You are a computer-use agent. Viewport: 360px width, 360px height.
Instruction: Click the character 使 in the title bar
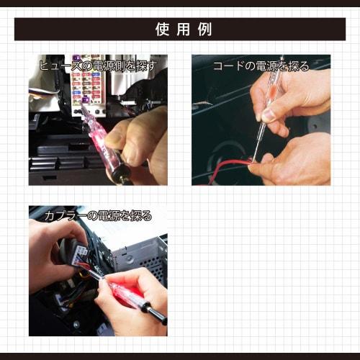162,30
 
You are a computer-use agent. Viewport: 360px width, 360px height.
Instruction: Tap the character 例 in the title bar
204,30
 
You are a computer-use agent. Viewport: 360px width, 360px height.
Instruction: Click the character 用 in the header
183,30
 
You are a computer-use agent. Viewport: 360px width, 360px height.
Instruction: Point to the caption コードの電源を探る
261,66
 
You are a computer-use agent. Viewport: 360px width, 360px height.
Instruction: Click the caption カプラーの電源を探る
98,215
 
